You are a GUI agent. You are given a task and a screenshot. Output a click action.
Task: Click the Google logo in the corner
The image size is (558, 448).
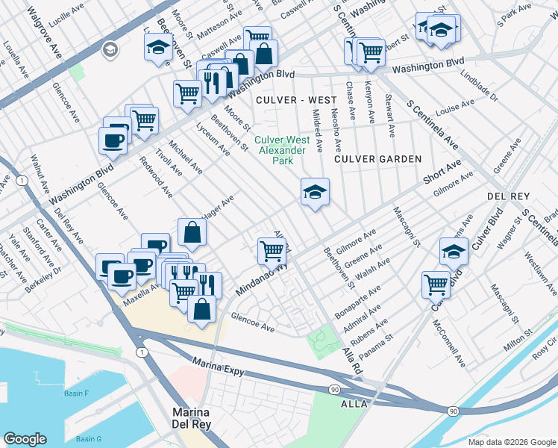[x=25, y=439]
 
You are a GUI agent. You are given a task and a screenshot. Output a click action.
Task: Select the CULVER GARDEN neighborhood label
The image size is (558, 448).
[x=377, y=159]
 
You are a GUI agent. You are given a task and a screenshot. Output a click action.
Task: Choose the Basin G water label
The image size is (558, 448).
[x=88, y=438]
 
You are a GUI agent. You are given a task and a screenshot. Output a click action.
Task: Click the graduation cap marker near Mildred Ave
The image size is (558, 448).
[x=315, y=193]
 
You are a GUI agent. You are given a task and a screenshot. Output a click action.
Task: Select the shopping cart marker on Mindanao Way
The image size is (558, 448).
[x=272, y=251]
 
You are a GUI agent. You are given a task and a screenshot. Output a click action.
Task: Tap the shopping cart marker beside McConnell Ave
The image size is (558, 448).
[x=436, y=284]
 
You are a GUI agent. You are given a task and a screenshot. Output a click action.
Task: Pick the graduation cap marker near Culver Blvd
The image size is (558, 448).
[x=453, y=252]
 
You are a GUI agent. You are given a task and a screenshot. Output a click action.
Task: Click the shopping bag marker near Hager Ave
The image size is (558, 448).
[x=192, y=232]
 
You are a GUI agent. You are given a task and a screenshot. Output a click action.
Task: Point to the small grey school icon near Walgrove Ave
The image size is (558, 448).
[x=110, y=50]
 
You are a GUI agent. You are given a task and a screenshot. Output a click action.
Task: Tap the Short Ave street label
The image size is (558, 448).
[x=442, y=173]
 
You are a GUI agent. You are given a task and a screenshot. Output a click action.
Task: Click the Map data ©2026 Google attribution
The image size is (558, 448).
[x=511, y=442]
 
